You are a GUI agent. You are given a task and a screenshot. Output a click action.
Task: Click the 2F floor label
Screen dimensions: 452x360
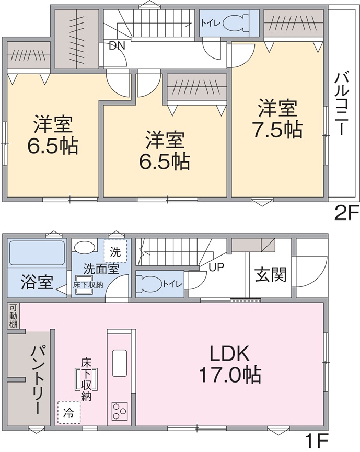click(345, 214)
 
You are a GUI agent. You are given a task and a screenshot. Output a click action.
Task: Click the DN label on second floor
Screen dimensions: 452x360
click(117, 45)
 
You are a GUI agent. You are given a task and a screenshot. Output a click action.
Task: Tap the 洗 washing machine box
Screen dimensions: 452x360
click(115, 251)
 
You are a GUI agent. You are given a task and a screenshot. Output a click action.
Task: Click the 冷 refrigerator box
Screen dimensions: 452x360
click(69, 410)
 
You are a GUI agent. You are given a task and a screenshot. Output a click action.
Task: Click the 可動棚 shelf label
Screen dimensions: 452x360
click(13, 316)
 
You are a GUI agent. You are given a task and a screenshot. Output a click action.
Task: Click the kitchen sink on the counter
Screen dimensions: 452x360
click(120, 361)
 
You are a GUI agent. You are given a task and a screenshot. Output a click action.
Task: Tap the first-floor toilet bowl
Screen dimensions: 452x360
click(148, 284)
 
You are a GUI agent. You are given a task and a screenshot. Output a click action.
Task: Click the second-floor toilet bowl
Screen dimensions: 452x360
click(232, 24)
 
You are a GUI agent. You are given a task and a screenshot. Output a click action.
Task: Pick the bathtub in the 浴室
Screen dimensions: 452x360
click(37, 253)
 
